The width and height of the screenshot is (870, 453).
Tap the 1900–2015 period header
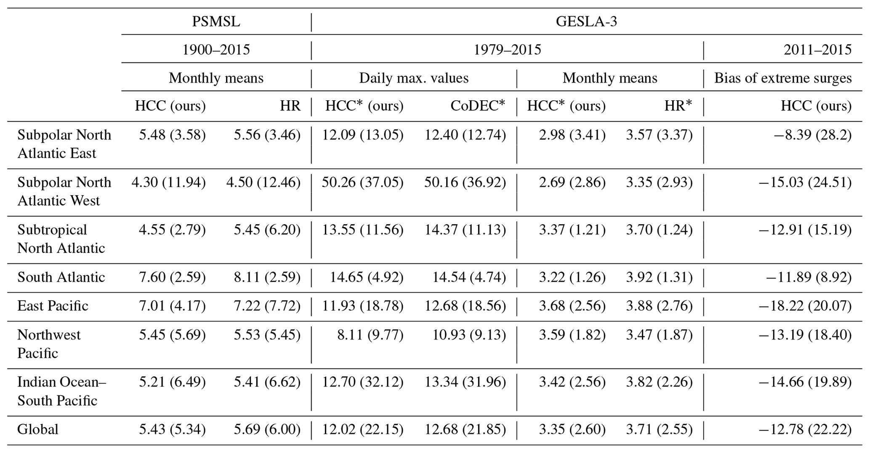point(216,50)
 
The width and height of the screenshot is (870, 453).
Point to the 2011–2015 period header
point(817,50)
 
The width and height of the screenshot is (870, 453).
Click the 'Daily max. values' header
point(413,78)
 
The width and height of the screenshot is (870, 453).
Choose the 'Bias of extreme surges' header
point(783,78)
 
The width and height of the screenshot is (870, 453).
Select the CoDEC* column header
point(477,106)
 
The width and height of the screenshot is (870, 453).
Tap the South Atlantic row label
point(61,277)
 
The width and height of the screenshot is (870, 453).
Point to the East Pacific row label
point(53,306)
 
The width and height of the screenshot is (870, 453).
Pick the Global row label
point(38,430)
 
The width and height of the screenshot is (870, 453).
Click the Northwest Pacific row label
point(48,344)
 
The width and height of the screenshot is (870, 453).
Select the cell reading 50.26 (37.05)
point(362,182)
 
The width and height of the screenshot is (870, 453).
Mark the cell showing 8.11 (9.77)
point(370,335)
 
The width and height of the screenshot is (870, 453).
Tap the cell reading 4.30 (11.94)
point(168,182)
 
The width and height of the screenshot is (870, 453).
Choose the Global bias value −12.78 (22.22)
point(805,430)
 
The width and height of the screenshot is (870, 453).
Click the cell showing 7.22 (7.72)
point(267,306)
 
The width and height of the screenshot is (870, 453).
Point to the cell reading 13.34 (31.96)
point(465,382)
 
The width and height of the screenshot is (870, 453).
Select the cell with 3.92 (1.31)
point(659,277)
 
